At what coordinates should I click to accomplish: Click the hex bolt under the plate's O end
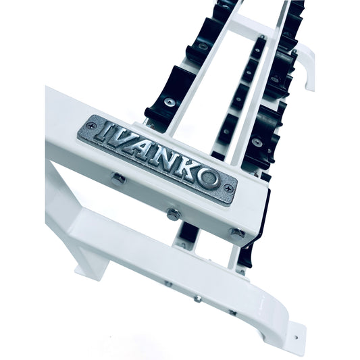pyautogui.click(x=236, y=233)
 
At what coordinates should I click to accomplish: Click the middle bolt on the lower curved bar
pyautogui.click(x=197, y=298)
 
